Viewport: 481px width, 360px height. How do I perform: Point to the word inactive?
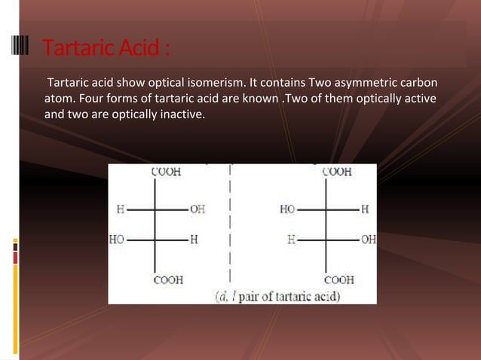[x=182, y=116]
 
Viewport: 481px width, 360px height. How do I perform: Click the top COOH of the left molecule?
[x=167, y=172]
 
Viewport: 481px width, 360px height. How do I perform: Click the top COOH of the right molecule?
[x=336, y=172]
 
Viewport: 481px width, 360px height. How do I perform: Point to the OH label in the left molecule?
[x=198, y=209]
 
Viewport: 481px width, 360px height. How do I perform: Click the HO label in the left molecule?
[x=117, y=239]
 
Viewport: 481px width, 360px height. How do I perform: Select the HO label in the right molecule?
[x=286, y=209]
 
